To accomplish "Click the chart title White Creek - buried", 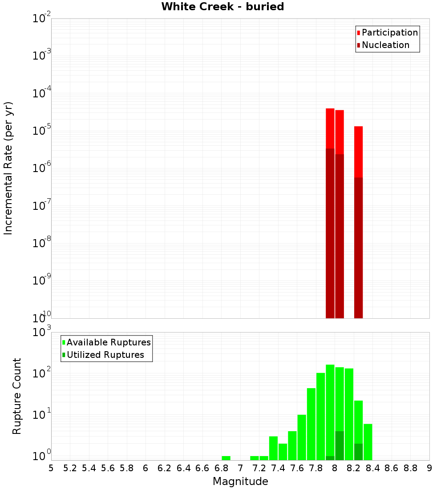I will (x=222, y=7).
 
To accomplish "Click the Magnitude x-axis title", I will (x=240, y=481).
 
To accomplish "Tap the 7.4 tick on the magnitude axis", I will (x=278, y=468).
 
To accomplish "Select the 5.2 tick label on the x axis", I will (x=70, y=468).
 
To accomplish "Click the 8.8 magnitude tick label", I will (x=410, y=468).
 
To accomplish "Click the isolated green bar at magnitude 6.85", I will (x=226, y=458).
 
